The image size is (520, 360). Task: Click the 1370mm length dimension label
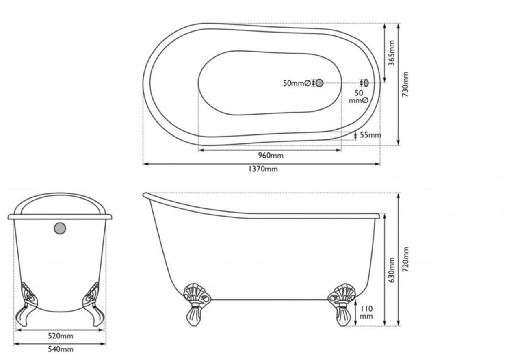(x=263, y=169)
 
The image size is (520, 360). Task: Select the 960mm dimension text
(x=271, y=155)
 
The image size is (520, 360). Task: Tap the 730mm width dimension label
(x=405, y=84)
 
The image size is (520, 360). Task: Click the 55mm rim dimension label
(x=370, y=135)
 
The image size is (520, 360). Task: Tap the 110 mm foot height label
(x=366, y=312)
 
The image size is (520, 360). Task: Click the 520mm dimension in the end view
(x=61, y=336)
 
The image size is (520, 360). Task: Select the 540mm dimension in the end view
(x=61, y=349)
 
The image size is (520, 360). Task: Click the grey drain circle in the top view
(x=319, y=83)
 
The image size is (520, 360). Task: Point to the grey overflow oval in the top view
(x=366, y=83)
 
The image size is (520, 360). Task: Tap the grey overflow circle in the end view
(x=60, y=228)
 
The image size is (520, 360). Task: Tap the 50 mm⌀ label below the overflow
(x=359, y=97)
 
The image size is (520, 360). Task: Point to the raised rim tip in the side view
(x=145, y=195)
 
